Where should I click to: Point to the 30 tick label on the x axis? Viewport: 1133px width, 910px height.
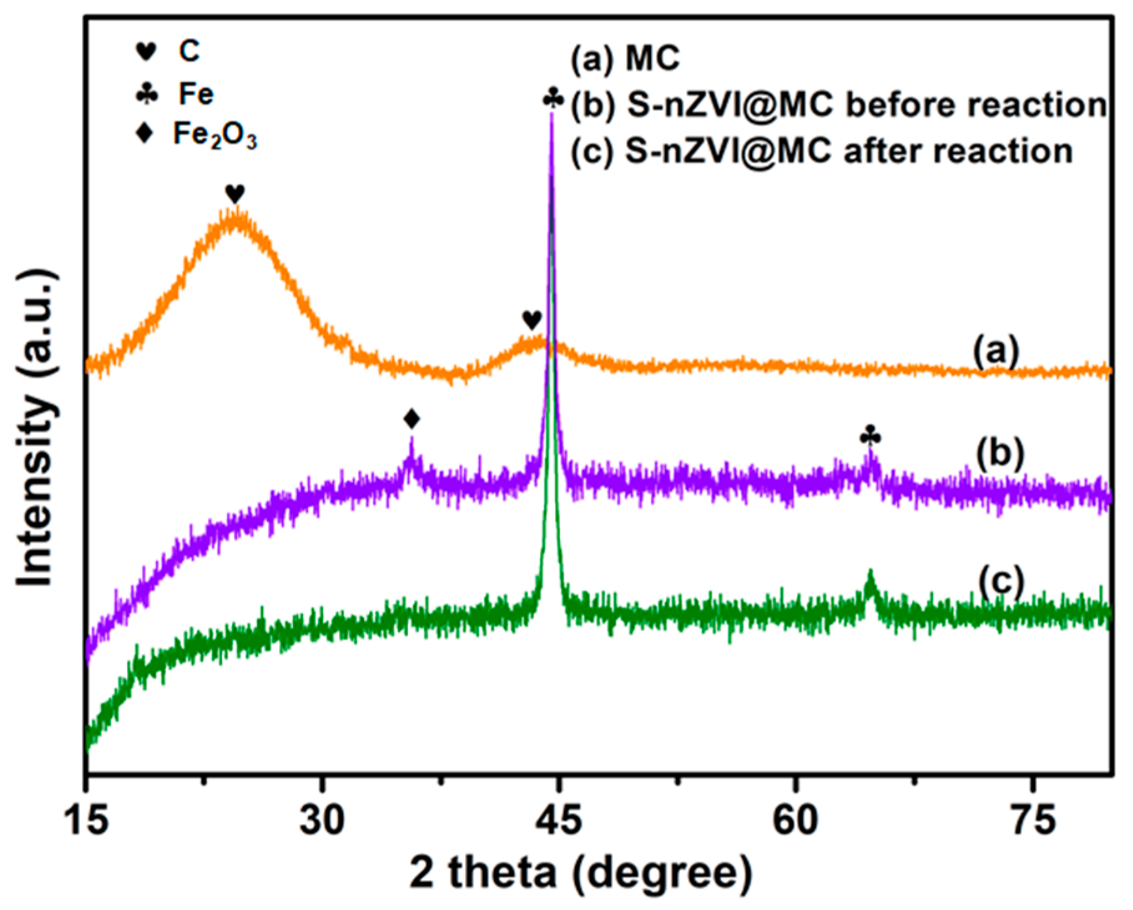322,820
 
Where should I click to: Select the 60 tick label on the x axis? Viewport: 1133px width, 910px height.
795,820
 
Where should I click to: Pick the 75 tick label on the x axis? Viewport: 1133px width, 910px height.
1033,820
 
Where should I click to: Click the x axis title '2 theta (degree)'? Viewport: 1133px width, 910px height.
581,873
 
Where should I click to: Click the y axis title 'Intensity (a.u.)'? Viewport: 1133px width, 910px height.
36,429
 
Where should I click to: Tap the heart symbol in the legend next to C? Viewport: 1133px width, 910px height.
146,52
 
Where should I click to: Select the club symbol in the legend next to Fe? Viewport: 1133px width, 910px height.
147,94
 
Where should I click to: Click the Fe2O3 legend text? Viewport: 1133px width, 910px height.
215,135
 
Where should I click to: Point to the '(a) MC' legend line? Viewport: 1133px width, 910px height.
625,59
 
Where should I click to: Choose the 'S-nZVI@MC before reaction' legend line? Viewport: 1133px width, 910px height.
839,105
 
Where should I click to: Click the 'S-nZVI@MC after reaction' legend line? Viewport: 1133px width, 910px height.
822,152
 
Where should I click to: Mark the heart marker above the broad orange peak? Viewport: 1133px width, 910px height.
235,194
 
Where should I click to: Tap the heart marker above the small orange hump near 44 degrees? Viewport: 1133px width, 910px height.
532,321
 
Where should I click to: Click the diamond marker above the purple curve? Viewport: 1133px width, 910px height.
412,419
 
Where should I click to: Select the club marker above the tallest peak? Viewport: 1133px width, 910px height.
553,98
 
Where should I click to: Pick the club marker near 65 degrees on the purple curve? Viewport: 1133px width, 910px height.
870,436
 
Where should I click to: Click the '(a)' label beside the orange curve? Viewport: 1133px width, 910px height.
996,352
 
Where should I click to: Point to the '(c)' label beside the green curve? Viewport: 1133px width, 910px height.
1000,581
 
